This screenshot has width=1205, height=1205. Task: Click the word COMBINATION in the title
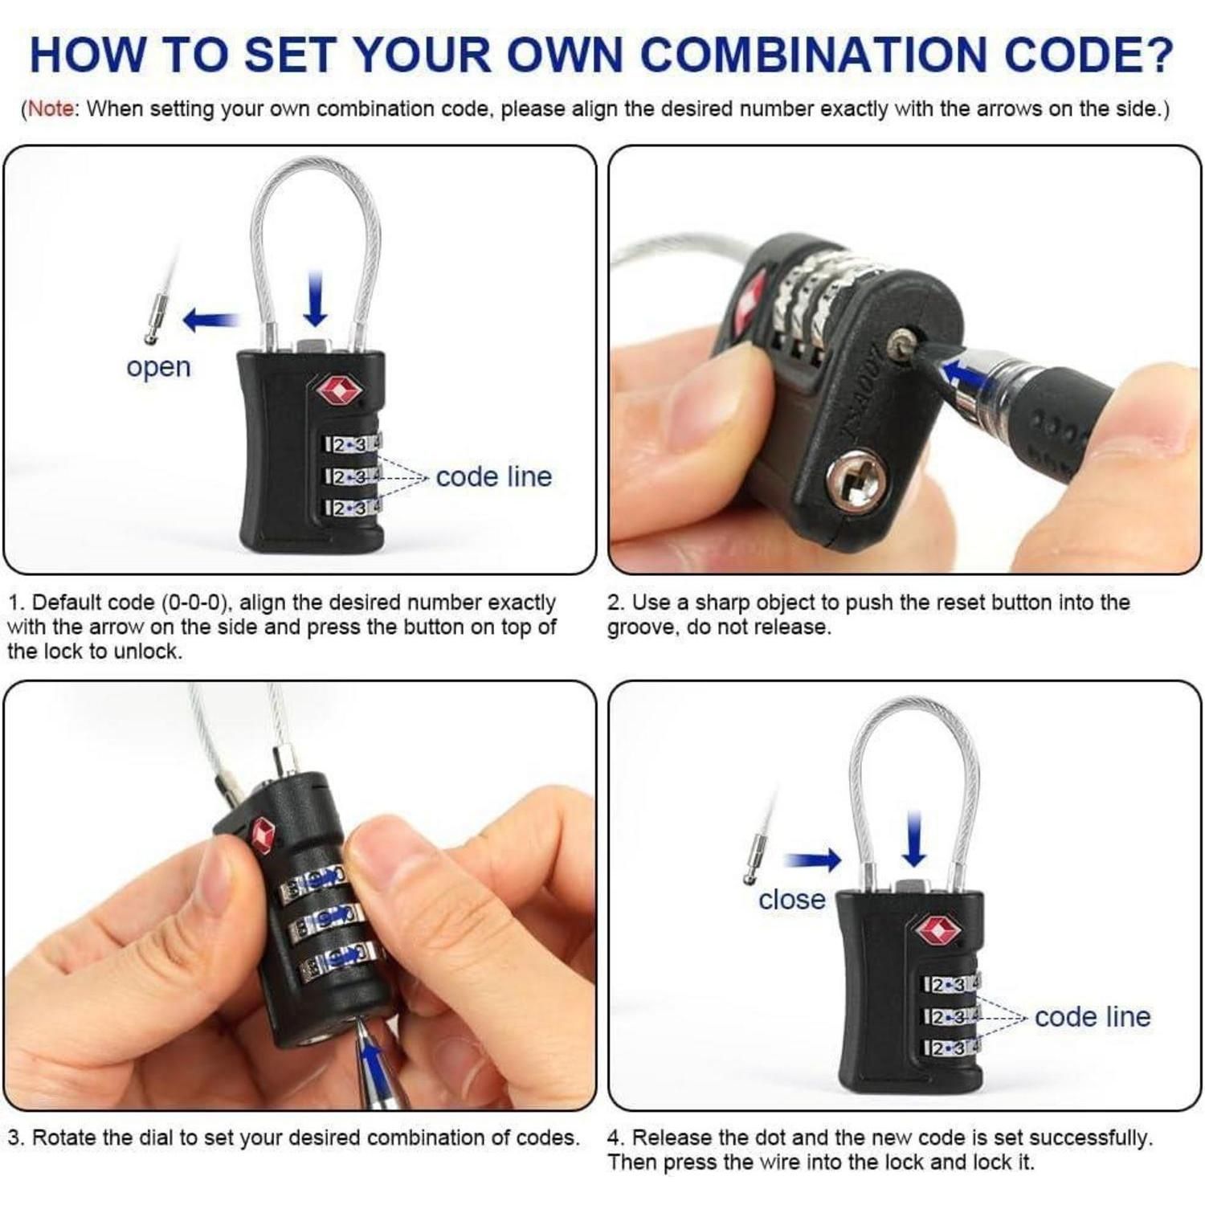click(x=815, y=55)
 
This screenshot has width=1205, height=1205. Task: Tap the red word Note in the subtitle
click(x=51, y=109)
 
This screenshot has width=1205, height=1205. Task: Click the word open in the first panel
click(x=158, y=367)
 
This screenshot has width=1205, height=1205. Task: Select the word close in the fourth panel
click(x=791, y=899)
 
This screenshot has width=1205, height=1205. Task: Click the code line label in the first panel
click(x=494, y=476)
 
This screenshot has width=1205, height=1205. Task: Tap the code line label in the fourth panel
click(x=1093, y=1016)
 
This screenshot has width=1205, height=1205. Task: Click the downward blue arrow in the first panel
click(x=316, y=298)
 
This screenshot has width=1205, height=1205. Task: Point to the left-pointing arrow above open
click(x=211, y=321)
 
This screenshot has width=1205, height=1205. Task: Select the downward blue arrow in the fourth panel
click(x=914, y=839)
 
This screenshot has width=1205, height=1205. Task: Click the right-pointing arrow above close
click(x=812, y=860)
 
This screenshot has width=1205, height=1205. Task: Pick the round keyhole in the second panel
click(x=856, y=483)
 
